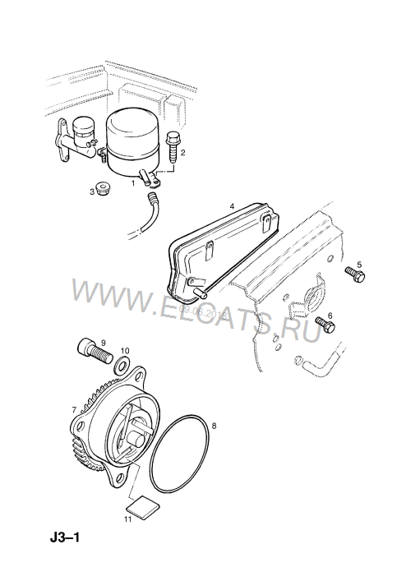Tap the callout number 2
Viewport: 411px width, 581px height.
point(182,153)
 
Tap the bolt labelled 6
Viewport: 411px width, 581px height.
point(325,327)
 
